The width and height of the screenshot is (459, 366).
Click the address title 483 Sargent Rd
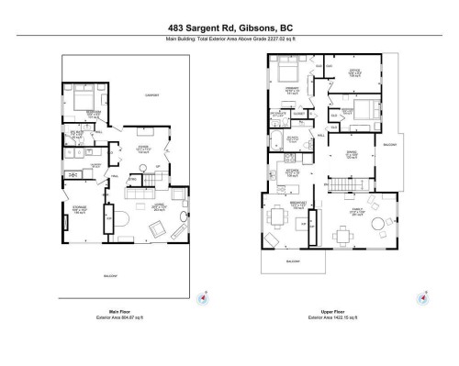click(229, 28)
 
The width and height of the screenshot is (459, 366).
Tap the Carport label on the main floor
click(151, 94)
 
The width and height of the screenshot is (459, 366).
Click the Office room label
click(355, 72)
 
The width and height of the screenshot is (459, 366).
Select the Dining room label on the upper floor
click(353, 153)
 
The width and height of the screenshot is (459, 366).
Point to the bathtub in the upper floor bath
click(277, 142)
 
